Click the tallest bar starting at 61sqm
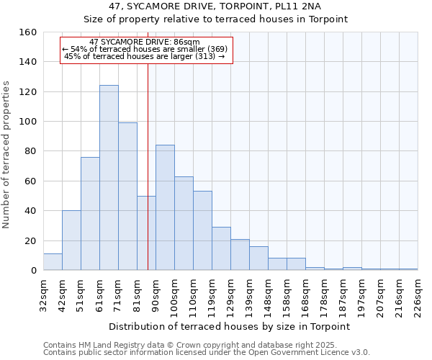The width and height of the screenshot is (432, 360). [109, 178]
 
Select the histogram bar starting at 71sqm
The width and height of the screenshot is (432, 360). [127, 197]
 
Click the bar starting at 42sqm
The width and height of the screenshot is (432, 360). [71, 240]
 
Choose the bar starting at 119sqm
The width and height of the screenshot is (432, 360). [221, 248]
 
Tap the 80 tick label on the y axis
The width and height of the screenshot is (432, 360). [30, 151]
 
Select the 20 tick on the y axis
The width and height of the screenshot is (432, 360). [30, 241]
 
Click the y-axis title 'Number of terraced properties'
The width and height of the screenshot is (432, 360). [6, 155]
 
